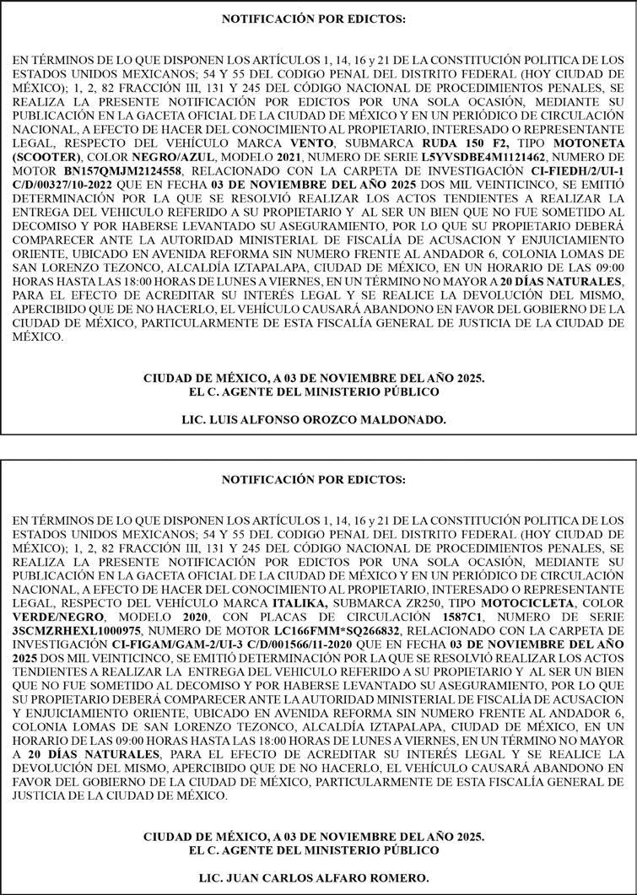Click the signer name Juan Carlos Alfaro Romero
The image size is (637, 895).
pyautogui.click(x=314, y=877)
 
